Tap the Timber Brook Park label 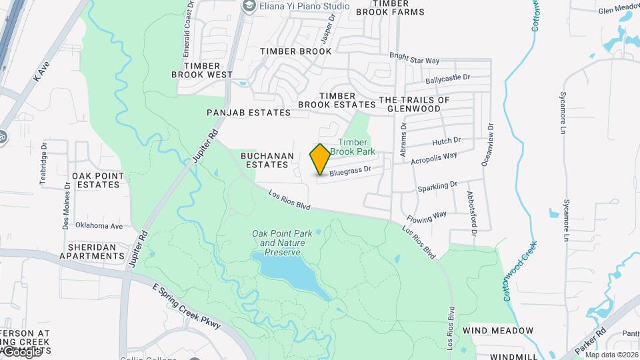357,147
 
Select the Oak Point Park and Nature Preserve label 279,243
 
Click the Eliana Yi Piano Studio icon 249,7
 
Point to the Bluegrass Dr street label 349,171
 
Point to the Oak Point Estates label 98,180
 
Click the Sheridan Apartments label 92,251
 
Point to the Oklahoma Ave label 99,226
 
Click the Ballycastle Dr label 448,79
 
